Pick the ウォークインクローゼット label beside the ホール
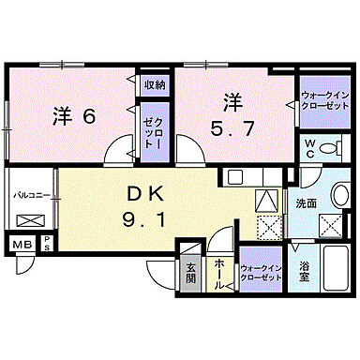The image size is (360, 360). tap(262, 271)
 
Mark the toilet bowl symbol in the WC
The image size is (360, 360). tap(329, 149)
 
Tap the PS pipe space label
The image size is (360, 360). tap(46, 246)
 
